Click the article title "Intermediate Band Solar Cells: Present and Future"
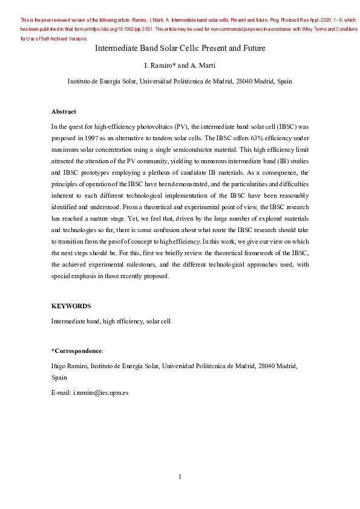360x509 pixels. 180,48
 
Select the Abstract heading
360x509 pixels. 64,112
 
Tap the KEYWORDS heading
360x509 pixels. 71,306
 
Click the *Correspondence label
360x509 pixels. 77,351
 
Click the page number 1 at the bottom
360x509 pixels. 180,477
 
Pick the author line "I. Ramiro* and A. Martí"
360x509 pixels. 180,65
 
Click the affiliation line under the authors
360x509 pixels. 180,80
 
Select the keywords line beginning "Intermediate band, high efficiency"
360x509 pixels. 111,321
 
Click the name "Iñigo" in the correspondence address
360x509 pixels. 59,366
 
